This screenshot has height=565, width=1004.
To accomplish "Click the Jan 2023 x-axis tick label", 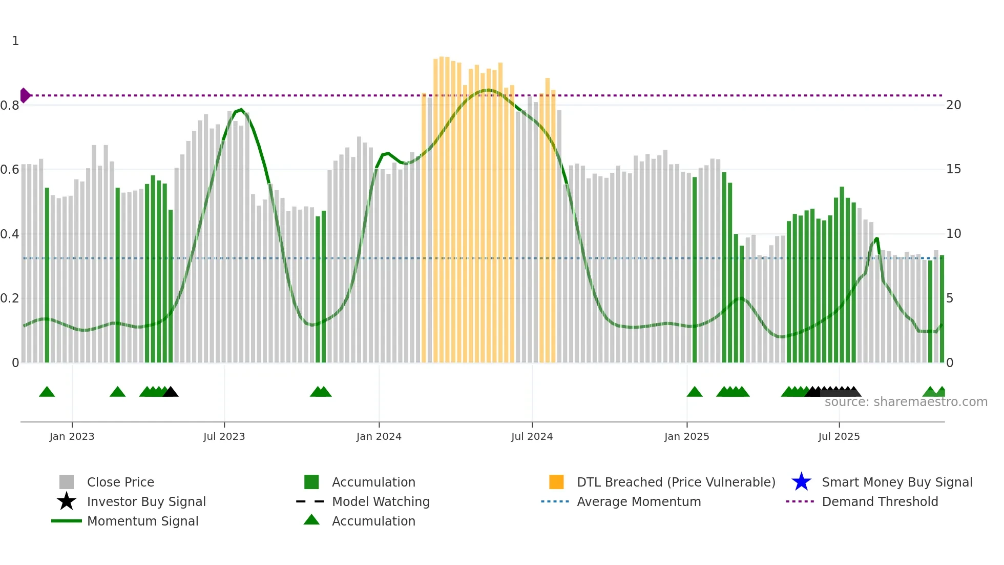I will [x=72, y=436].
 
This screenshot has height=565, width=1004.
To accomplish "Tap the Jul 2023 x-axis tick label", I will [x=224, y=436].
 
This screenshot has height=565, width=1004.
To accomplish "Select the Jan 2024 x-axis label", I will [x=379, y=436].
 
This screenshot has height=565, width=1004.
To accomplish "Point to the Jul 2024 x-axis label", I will [x=532, y=436].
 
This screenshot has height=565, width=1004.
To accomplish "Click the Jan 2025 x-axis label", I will [x=686, y=436].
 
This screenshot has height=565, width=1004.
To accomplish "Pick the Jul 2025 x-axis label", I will [x=839, y=436].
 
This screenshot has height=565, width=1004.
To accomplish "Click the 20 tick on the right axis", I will [x=953, y=105].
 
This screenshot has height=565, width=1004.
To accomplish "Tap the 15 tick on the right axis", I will [x=953, y=169].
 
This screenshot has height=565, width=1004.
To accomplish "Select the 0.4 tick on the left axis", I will [x=10, y=234].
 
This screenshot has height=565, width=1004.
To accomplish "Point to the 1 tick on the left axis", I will [x=15, y=41].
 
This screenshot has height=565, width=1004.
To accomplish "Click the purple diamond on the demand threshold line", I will [x=25, y=95].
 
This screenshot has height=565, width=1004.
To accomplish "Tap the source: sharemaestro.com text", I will [x=906, y=402].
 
